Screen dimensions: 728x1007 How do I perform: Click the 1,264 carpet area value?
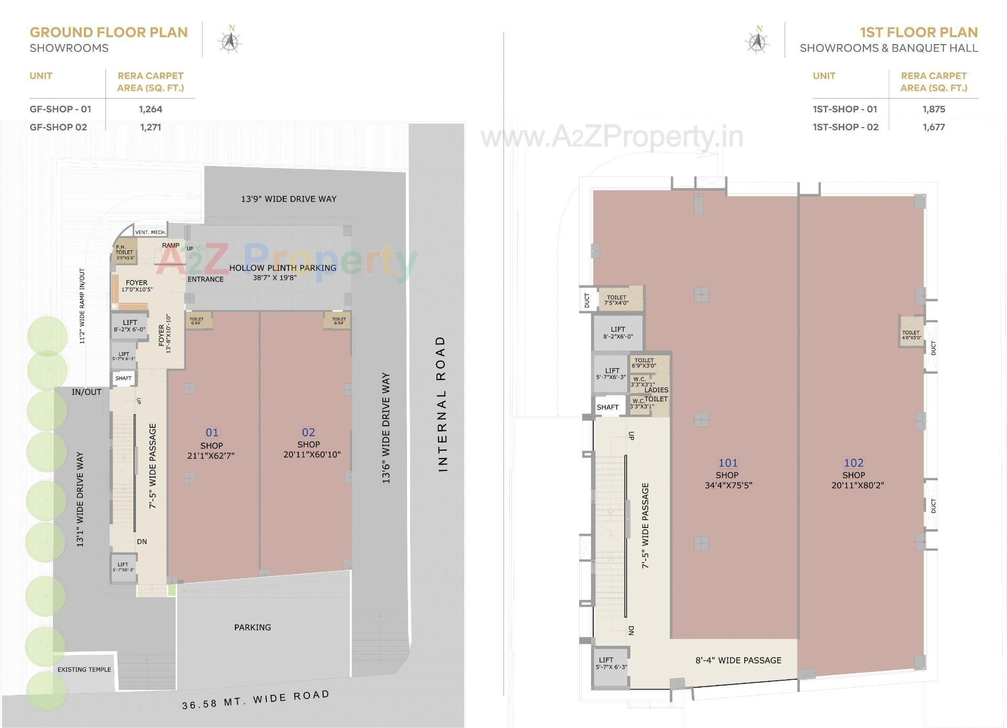(151, 109)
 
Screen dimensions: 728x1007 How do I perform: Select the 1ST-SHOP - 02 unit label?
(845, 127)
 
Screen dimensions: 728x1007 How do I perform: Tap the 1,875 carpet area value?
(934, 109)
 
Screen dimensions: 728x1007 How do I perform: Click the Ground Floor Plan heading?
(109, 33)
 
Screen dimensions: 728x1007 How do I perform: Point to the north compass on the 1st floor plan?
(757, 40)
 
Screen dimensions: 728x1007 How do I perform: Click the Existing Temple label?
(84, 669)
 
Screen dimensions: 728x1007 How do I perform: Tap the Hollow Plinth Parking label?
(283, 268)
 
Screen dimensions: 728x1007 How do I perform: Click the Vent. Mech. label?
(151, 232)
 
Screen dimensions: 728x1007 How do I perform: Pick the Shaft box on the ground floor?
(123, 378)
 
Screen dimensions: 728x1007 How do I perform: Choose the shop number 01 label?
(212, 432)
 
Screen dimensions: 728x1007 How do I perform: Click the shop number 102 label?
(853, 463)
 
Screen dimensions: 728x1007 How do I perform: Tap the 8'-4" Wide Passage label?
(738, 660)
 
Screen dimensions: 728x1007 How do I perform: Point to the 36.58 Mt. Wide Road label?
(256, 700)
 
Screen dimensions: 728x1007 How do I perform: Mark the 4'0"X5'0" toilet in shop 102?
(911, 334)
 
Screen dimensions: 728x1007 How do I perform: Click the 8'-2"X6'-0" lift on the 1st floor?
(618, 333)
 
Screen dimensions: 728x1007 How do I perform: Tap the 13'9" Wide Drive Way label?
(288, 199)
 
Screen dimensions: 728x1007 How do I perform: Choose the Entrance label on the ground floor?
(206, 279)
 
